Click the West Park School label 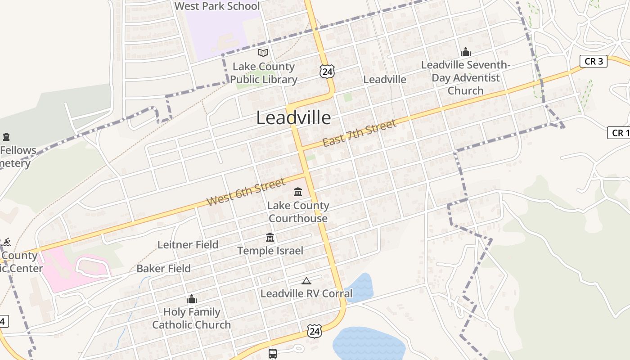[217, 6]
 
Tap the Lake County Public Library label [264, 73]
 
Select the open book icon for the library [263, 53]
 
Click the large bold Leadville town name [293, 118]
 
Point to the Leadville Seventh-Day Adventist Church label [466, 77]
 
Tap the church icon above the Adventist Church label [466, 52]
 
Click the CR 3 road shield [593, 61]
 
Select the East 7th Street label [359, 133]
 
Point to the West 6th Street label [246, 192]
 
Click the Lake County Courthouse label [298, 212]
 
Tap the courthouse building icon [298, 192]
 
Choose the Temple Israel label [270, 251]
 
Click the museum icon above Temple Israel [270, 237]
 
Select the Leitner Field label [188, 245]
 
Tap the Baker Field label [163, 269]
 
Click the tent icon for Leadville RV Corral [306, 281]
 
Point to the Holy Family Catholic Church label [192, 318]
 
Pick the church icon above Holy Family [192, 299]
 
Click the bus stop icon [273, 353]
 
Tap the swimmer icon [6, 243]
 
